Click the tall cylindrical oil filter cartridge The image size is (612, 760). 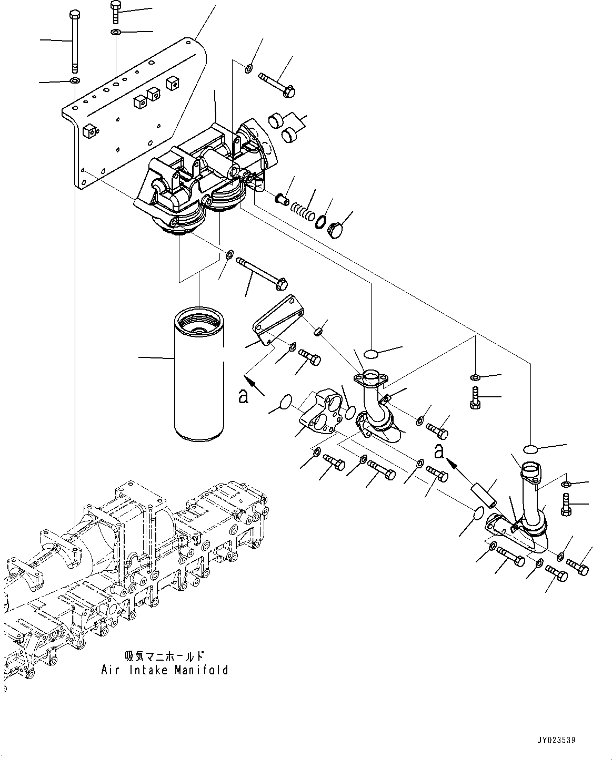pos(199,376)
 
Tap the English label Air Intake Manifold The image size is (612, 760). pos(165,670)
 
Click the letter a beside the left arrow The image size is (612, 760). pos(243,396)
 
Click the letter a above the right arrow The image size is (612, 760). pos(440,450)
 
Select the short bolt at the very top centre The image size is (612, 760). pos(116,12)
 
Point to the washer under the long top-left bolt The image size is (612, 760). pos(74,81)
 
